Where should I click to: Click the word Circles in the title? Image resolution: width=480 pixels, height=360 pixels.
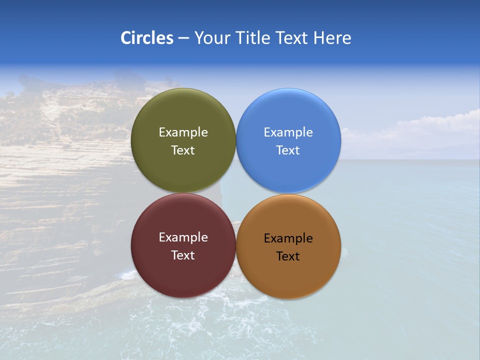146,38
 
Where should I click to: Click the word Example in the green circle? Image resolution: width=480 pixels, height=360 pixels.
183,132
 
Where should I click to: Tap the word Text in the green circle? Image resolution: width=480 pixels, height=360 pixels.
183,150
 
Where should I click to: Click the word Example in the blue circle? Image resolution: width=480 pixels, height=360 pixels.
288,132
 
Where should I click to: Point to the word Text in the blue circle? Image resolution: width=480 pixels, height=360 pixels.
288,150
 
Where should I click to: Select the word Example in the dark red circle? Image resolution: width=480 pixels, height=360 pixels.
183,237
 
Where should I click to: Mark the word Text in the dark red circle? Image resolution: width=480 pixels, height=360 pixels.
183,255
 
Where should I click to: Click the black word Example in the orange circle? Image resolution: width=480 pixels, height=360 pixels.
288,238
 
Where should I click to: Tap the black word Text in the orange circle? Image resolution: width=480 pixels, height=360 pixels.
288,256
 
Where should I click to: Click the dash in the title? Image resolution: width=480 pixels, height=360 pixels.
183,38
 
